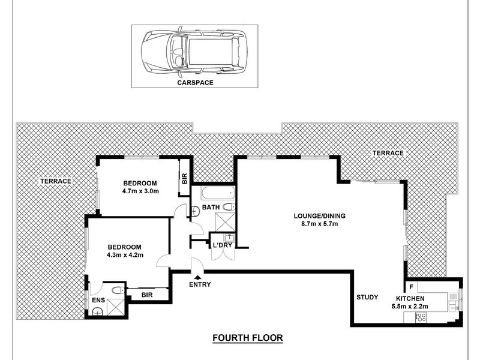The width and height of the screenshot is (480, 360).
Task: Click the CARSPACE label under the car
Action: pos(195,84)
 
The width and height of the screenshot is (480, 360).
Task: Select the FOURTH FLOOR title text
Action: pos(247,338)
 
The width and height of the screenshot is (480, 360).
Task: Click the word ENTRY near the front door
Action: pos(199,284)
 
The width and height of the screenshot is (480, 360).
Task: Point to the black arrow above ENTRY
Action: pos(199,275)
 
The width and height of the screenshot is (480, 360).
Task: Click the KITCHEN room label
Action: pos(410,298)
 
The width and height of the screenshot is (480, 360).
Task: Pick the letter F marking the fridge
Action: pos(411,286)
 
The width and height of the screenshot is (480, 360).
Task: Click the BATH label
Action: pos(211,208)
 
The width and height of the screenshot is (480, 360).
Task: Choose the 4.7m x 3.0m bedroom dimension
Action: pos(140,192)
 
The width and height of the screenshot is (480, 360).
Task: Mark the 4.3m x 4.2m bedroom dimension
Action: pos(124,255)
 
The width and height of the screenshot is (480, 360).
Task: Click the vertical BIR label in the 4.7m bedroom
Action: pos(184,178)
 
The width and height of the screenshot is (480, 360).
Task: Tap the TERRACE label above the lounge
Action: pos(388,154)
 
